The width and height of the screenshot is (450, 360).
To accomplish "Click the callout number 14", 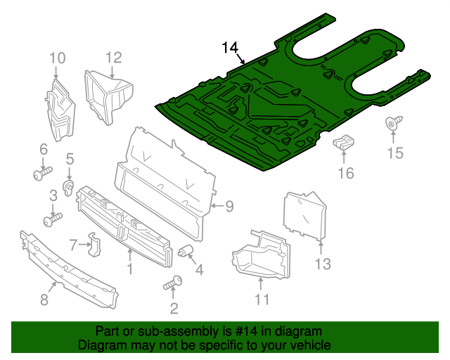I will click(230, 48).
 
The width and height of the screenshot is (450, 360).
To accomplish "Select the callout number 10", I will click(57, 57).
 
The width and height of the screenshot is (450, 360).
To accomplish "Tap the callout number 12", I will click(114, 57).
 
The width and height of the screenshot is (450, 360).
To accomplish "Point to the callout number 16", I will click(345, 173).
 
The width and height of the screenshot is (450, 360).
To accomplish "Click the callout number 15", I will click(397, 153).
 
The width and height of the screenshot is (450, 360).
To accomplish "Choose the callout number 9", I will click(229, 206).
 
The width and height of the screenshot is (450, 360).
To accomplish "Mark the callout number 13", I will click(322, 264).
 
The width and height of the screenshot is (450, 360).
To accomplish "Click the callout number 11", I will click(261, 300).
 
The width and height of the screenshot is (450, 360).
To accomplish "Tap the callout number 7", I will click(75, 244).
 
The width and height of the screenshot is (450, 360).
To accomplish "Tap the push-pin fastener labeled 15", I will click(392, 124).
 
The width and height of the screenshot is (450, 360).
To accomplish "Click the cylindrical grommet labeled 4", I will click(186, 251).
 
